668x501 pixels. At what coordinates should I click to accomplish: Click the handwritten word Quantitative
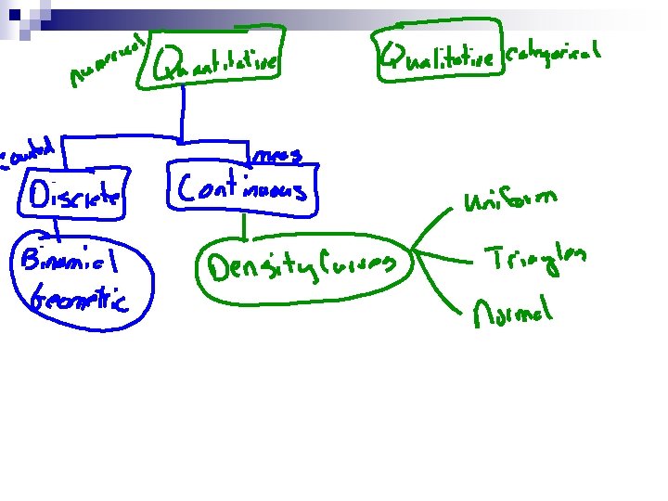219,62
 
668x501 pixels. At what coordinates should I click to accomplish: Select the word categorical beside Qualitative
555,55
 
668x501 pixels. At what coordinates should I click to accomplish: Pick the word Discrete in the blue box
75,196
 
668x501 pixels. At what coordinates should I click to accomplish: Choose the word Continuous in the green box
242,189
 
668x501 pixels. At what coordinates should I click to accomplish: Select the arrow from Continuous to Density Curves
243,227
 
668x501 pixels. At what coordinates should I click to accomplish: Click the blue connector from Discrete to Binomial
57,226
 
